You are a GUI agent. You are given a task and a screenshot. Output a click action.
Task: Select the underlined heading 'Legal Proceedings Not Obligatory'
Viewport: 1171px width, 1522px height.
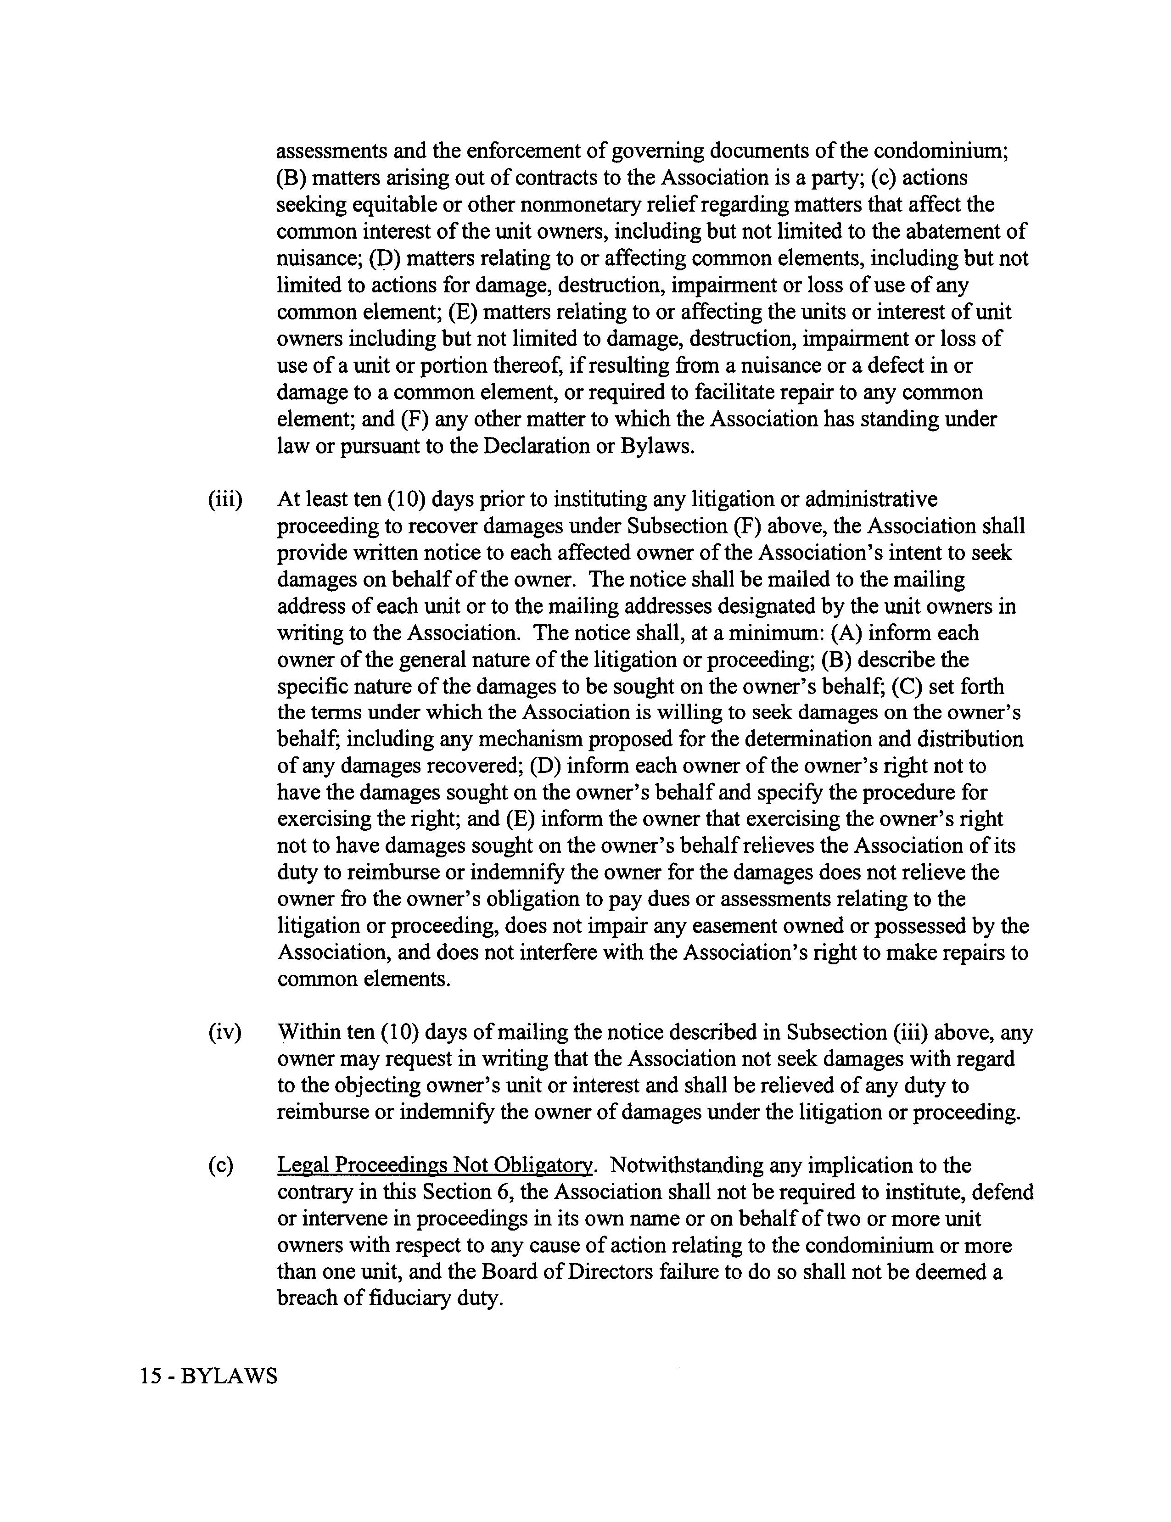click(x=435, y=1165)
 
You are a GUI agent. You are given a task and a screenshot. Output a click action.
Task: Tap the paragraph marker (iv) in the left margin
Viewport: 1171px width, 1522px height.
click(x=224, y=1032)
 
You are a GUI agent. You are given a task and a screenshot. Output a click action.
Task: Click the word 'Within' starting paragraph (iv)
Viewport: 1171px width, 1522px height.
click(x=308, y=1032)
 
